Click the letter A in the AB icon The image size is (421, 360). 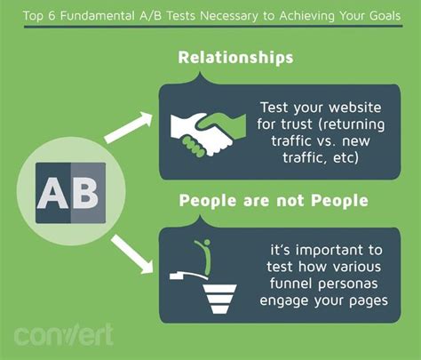(x=51, y=191)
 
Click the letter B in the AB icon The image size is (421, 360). (x=86, y=191)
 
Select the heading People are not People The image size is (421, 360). (x=273, y=201)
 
